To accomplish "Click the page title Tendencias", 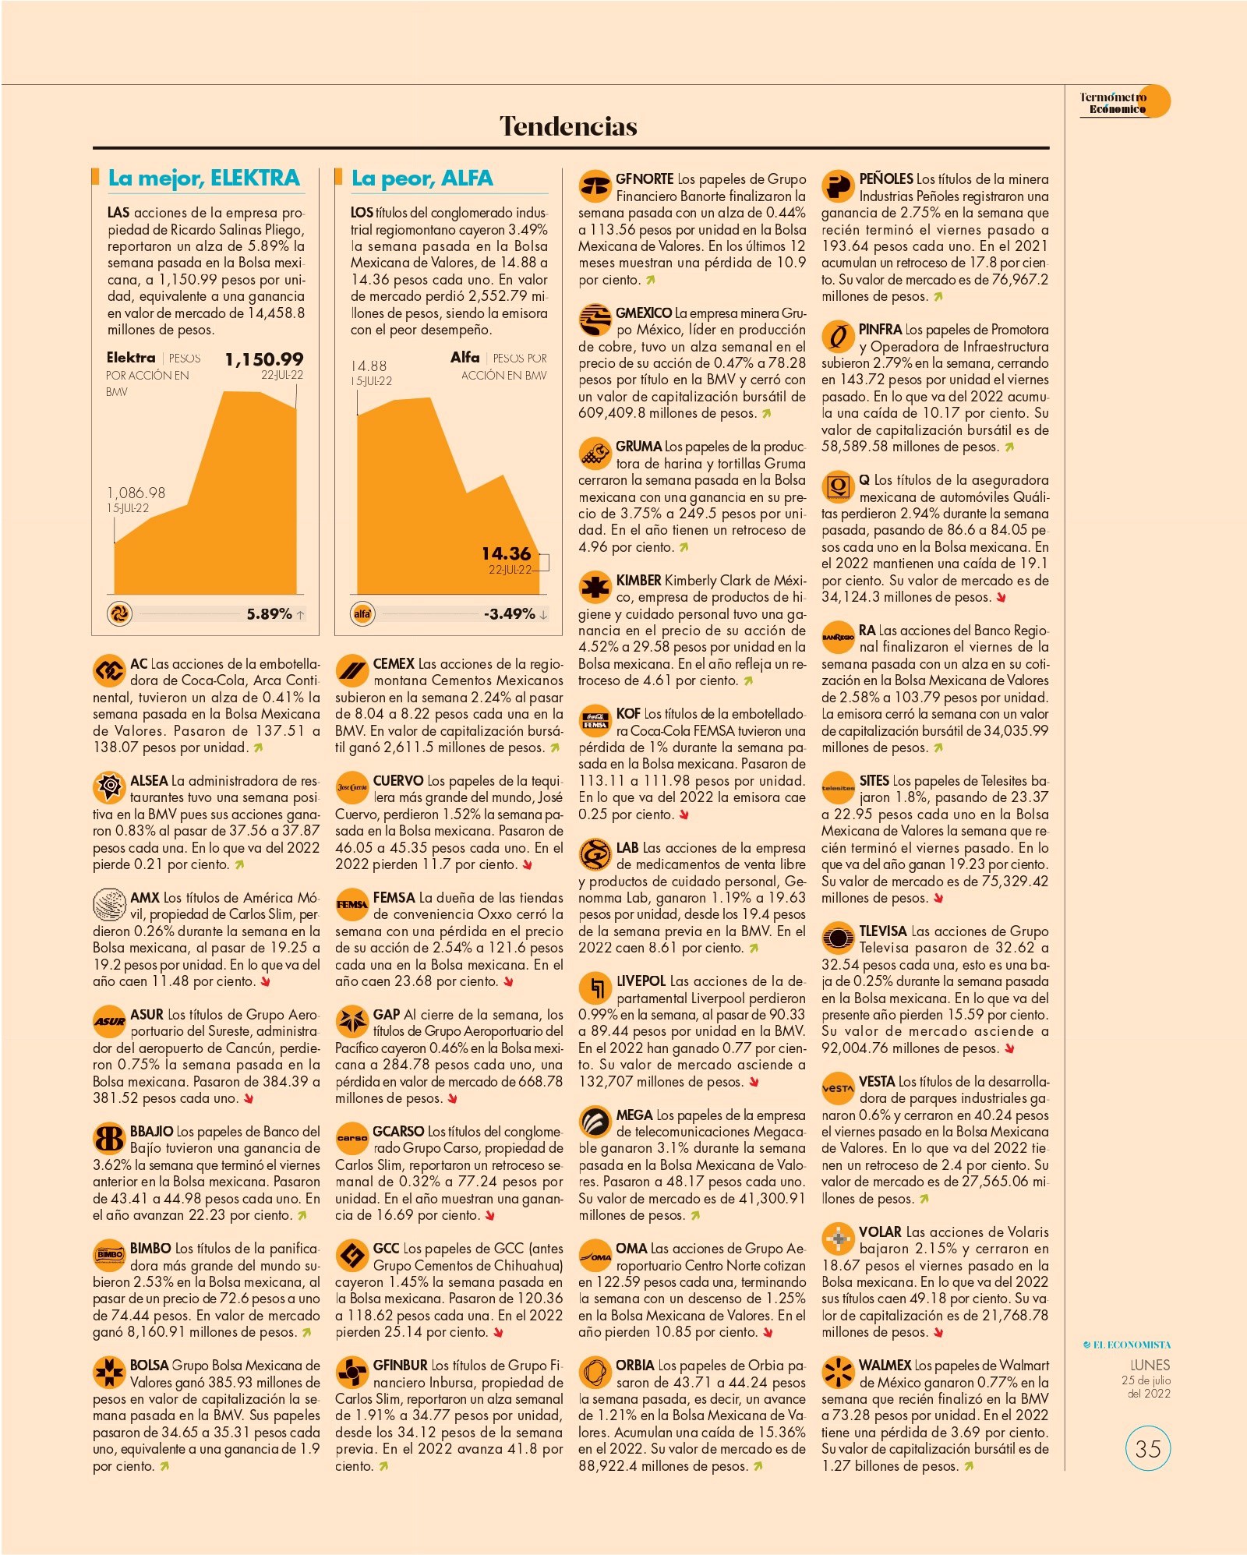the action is pos(568,126).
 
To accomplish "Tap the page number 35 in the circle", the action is pos(1148,1448).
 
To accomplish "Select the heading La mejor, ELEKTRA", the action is pos(203,178).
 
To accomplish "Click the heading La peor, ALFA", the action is pos(422,178).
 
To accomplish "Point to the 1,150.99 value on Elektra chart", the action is pos(264,359).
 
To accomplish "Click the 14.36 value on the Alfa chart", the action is pos(506,553).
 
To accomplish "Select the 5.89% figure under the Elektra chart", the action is pos(269,614).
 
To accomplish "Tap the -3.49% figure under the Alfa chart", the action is pos(510,614).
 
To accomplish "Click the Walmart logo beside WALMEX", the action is pos(838,1373).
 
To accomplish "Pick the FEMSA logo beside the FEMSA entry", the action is pos(351,905).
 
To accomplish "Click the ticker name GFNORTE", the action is pos(645,179).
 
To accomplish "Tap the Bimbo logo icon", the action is pos(109,1255).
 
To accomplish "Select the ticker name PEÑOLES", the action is pos(886,179).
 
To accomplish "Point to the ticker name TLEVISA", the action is pos(883,931).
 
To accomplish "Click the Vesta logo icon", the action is pos(838,1088).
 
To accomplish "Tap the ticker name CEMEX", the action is pos(394,664).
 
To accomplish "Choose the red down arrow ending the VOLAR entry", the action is pos(939,1333).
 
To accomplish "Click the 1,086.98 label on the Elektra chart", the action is pos(136,493).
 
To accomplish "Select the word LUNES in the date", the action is pos(1150,1365).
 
